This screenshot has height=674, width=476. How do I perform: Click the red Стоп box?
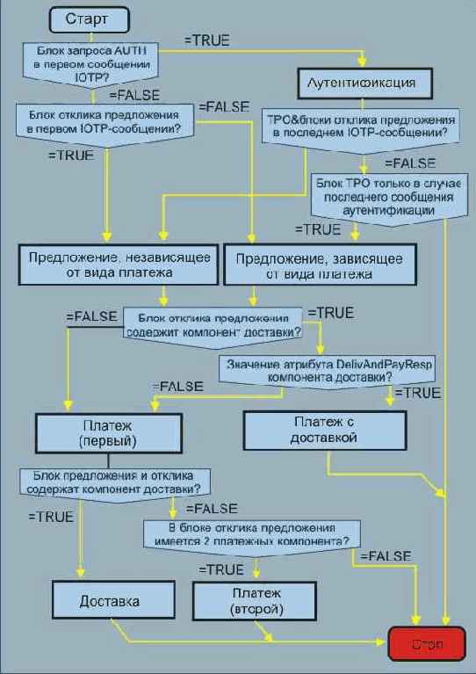pyautogui.click(x=427, y=644)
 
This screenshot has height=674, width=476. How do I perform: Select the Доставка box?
pyautogui.click(x=109, y=603)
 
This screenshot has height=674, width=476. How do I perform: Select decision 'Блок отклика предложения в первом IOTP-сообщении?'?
pyautogui.click(x=105, y=122)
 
